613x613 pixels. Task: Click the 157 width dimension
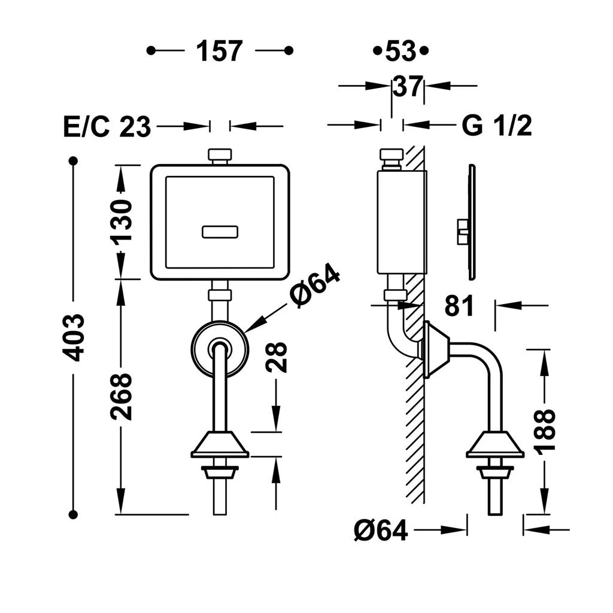coord(220,51)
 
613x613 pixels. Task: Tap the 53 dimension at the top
coord(400,51)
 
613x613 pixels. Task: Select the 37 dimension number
coord(408,87)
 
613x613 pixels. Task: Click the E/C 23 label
coord(107,127)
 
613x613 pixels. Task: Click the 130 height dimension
coord(122,221)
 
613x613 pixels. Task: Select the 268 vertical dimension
coord(122,396)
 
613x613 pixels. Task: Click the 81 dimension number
coord(459,306)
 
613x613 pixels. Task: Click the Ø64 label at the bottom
coord(381,530)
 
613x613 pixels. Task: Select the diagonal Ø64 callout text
coord(314,286)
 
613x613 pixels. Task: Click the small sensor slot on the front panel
coord(220,232)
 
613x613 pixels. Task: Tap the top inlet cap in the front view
coord(220,156)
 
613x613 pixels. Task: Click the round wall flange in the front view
coord(220,350)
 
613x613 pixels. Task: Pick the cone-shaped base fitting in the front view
coord(220,445)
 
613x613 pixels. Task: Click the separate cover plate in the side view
coord(471,222)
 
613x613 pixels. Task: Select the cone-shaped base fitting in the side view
coord(495,445)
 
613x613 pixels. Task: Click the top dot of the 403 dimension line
coord(74,161)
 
